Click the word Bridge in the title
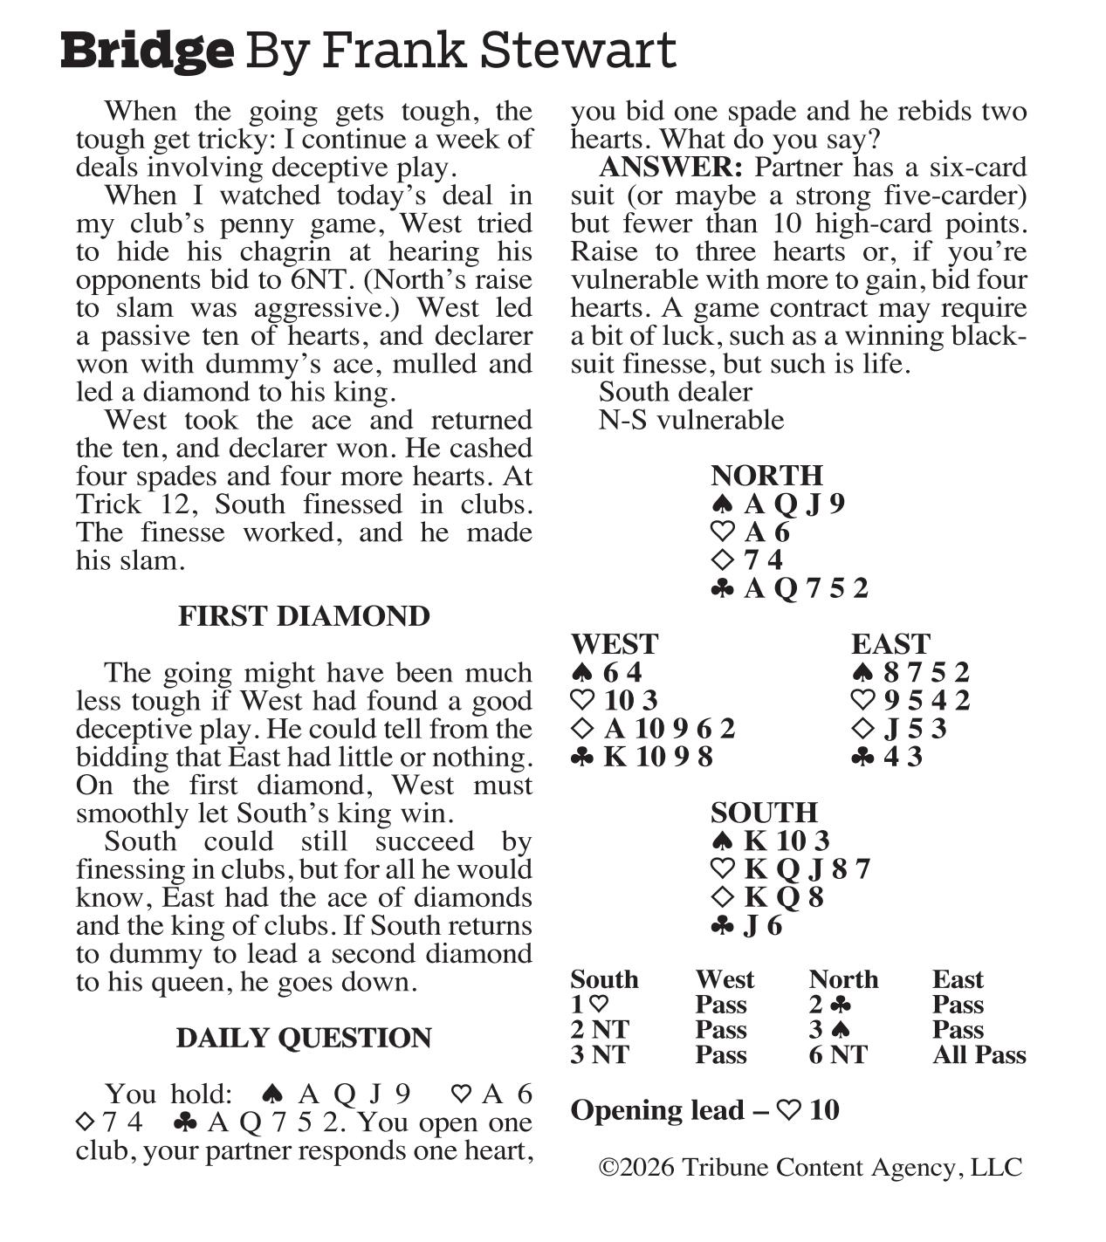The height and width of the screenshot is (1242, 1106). point(147,51)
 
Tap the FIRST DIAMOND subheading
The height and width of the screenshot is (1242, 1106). point(304,616)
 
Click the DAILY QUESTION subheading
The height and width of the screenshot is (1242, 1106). point(304,1038)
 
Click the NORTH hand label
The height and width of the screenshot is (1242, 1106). point(766,475)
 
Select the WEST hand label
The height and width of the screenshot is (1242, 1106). point(614,644)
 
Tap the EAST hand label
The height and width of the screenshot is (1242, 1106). point(890,644)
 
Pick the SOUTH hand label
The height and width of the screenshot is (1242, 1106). point(764,813)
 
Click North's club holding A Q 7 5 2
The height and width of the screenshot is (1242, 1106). point(790,588)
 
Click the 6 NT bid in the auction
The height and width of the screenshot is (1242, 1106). point(838,1054)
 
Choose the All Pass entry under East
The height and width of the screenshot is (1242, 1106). point(979,1054)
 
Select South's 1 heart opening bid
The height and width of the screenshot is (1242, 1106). point(589,1005)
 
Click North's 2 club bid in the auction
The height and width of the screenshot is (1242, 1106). point(830,1005)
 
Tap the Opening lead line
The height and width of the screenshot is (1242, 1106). point(704,1110)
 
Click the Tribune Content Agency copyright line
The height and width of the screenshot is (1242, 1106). point(809,1168)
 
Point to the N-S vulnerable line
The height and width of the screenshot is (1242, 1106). point(690,420)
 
